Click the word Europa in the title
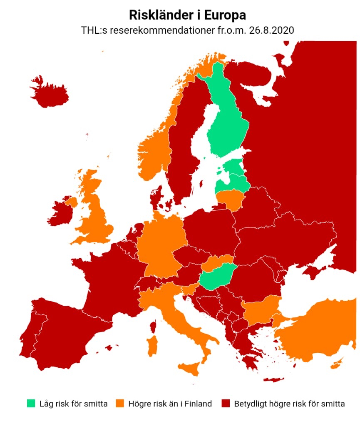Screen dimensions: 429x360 225,15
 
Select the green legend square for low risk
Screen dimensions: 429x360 31,403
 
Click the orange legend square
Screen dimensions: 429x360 120,403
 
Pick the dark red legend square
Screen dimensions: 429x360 226,403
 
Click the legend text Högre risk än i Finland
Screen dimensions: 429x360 170,403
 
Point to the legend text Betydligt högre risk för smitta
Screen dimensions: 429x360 289,403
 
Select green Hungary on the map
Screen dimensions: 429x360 216,277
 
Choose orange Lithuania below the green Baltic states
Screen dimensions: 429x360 230,198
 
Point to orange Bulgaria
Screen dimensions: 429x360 260,310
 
